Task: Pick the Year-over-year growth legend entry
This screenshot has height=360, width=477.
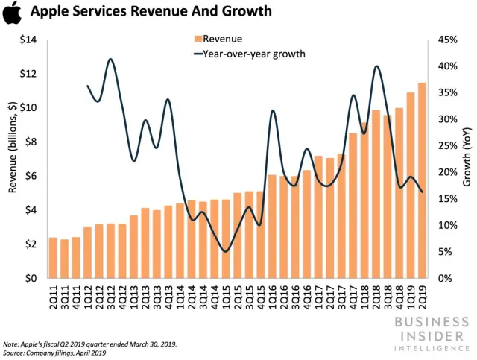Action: coord(250,54)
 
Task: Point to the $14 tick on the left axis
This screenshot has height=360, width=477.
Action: coord(27,40)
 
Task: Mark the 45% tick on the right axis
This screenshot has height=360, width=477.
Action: coord(446,40)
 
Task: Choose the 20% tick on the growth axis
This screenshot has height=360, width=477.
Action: coord(446,172)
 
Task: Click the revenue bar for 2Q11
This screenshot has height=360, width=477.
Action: coord(53,258)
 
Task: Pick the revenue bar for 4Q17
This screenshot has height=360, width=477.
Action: coord(353,206)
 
